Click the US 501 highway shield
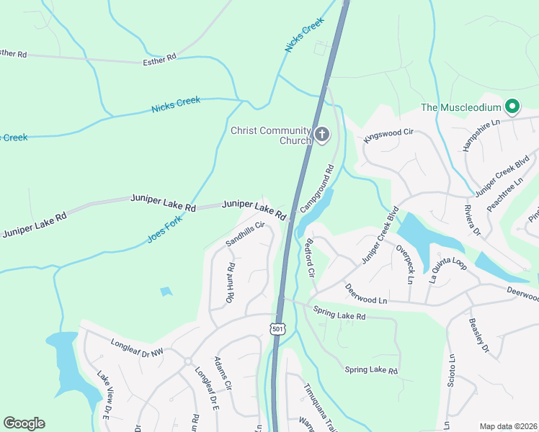point(277,328)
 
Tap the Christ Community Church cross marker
point(322,135)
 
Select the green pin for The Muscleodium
point(512,108)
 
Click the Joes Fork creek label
point(164,226)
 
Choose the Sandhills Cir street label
point(246,233)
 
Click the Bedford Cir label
point(311,258)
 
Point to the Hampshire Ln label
point(481,135)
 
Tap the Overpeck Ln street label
point(406,264)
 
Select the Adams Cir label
point(223,373)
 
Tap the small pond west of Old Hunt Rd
point(166,292)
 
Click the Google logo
point(24,423)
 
